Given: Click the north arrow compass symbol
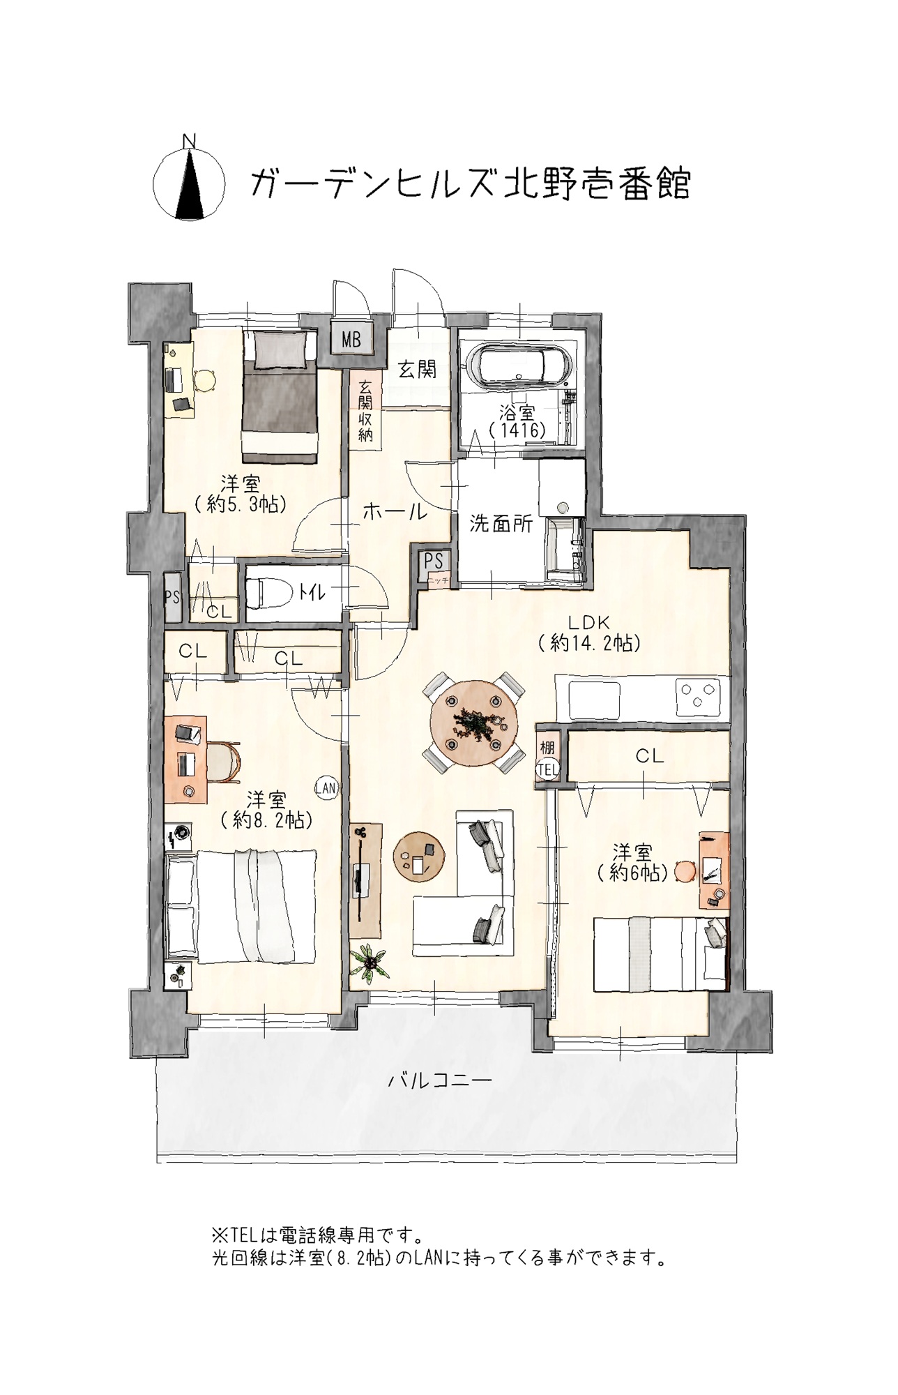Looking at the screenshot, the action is pos(189,183).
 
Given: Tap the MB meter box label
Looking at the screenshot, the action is pos(351,340).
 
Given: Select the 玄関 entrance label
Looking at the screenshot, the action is pos(418,370).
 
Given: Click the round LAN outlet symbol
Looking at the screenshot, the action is pos(326,788).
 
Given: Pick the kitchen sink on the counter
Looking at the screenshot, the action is pos(595,700).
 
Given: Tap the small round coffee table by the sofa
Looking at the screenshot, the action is pos(418,857).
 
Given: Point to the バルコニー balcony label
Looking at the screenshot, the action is pos(440,1082).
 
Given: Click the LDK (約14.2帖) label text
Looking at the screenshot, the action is pos(589,632).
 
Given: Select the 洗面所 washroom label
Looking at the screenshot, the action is pos(501,524).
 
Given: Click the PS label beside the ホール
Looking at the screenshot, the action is pos(434,561).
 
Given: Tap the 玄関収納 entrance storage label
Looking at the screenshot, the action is pos(365,411).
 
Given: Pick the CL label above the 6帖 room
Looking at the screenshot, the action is pos(650,755).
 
